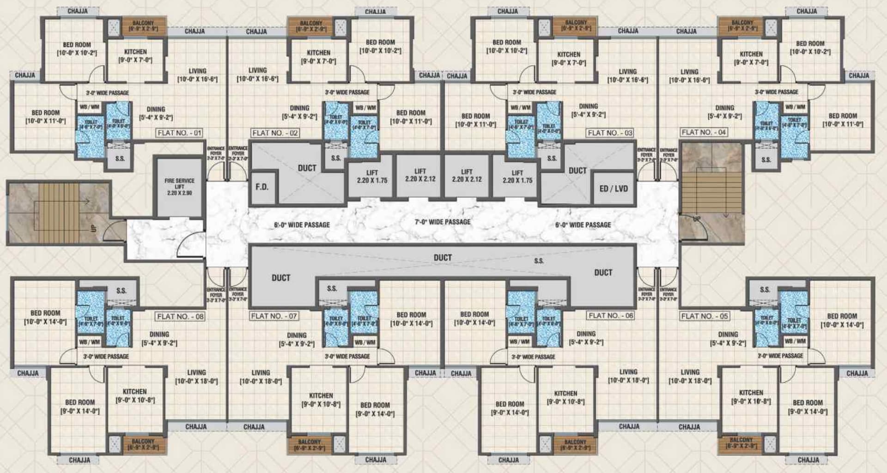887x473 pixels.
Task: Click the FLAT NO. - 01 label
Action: pyautogui.click(x=180, y=133)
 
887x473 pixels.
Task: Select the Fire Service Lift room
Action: pyautogui.click(x=179, y=187)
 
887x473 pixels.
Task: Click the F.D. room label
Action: pyautogui.click(x=262, y=187)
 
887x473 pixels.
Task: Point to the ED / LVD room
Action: pyautogui.click(x=614, y=188)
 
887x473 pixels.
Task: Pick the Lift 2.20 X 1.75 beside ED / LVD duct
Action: pyautogui.click(x=517, y=176)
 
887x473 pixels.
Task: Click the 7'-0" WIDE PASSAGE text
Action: pyautogui.click(x=443, y=222)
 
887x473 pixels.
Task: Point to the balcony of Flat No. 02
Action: pyautogui.click(x=311, y=26)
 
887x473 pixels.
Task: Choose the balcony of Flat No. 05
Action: pyautogui.click(x=741, y=443)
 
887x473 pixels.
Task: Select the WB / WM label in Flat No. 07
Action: pyautogui.click(x=365, y=342)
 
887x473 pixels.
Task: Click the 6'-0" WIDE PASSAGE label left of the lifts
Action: pyautogui.click(x=302, y=225)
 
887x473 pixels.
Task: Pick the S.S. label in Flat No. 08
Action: pyautogui.click(x=121, y=291)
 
